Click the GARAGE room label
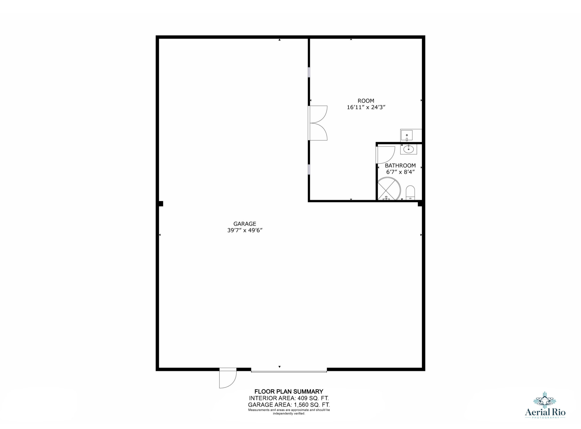click(x=244, y=224)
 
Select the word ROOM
click(x=366, y=101)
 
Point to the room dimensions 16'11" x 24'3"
click(x=366, y=107)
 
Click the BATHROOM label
click(x=400, y=165)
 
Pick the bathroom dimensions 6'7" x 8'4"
click(x=401, y=172)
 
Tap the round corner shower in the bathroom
click(x=389, y=189)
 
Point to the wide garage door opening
click(x=289, y=371)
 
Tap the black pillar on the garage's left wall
click(x=161, y=204)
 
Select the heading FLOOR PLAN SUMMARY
click(x=289, y=391)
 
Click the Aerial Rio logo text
click(x=545, y=412)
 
